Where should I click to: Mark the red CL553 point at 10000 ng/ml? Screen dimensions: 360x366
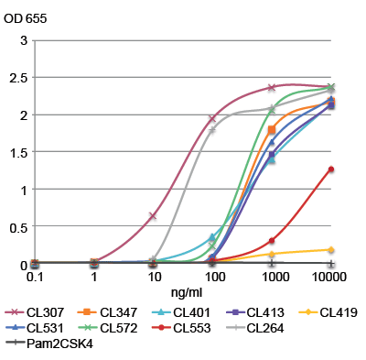pos(330,169)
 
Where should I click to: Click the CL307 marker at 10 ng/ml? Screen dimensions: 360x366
pos(153,216)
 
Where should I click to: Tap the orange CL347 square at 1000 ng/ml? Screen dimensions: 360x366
pos(272,129)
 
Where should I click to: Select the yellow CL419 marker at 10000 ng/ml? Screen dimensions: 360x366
pos(330,249)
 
